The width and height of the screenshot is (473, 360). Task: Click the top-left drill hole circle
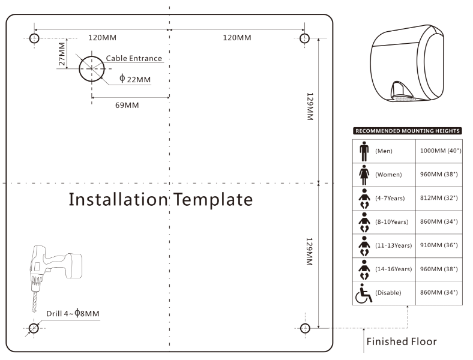click(x=34, y=38)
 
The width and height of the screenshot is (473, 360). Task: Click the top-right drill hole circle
click(x=305, y=38)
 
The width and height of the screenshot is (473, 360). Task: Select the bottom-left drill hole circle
click(x=34, y=328)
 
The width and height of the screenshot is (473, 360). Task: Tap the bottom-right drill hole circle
click(x=305, y=328)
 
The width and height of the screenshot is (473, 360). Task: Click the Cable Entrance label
click(x=134, y=58)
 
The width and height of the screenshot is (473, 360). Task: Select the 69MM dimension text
click(x=127, y=106)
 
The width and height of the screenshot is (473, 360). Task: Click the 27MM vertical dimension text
click(x=62, y=53)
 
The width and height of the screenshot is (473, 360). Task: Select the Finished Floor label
click(x=401, y=342)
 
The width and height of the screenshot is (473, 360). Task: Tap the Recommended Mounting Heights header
click(x=408, y=130)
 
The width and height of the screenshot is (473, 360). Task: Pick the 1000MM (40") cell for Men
click(x=441, y=151)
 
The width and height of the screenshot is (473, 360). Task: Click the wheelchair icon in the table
click(x=364, y=293)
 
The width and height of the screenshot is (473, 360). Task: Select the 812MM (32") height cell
click(x=441, y=198)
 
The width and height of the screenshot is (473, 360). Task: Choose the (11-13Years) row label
click(x=393, y=245)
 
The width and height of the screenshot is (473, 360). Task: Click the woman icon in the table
click(x=364, y=175)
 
